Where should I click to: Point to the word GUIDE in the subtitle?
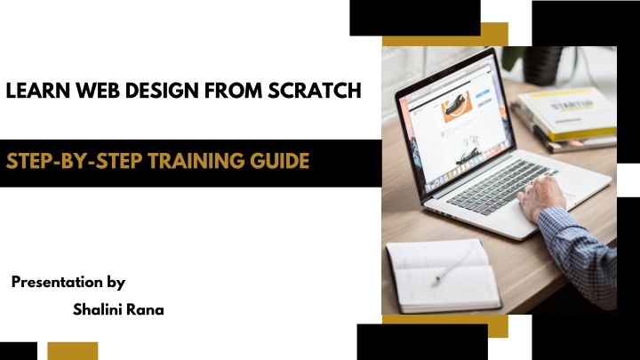[x=280, y=160]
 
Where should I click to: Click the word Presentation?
[x=57, y=282]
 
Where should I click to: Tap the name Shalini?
[x=97, y=309]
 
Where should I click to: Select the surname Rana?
[x=145, y=309]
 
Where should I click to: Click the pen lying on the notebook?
[x=453, y=265]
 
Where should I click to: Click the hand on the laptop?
[x=541, y=197]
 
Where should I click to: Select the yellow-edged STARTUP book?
[x=568, y=113]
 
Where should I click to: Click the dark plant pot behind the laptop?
[x=543, y=65]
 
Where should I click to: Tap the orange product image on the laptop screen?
[x=457, y=107]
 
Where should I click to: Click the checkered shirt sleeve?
[x=580, y=254]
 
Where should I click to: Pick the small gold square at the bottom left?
[x=73, y=351]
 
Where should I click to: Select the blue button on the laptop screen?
[x=483, y=93]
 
